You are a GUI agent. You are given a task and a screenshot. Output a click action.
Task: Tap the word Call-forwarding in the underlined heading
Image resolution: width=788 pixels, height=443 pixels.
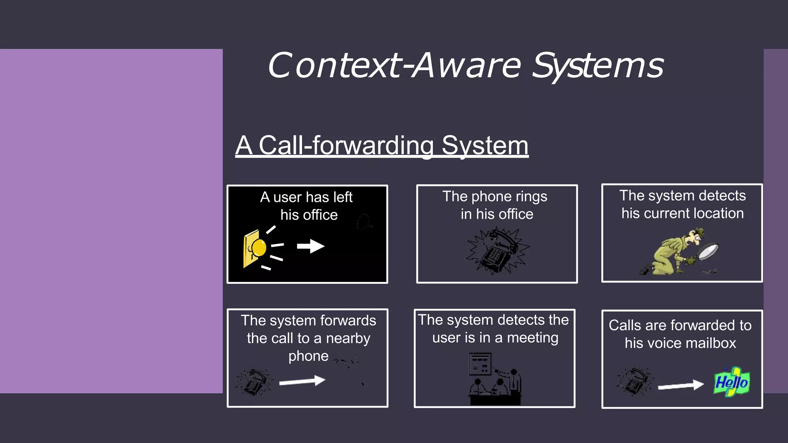(346, 146)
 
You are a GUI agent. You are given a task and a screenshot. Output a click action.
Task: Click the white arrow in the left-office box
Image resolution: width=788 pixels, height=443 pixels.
(311, 246)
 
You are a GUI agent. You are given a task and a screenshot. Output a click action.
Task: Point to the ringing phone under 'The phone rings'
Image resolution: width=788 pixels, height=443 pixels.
(497, 251)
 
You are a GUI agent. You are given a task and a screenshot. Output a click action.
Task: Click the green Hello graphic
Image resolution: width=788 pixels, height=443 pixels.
(731, 382)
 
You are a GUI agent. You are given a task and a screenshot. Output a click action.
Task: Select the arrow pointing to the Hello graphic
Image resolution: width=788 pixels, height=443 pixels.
(680, 385)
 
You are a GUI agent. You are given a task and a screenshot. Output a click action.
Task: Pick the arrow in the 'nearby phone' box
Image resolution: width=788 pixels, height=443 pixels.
(302, 381)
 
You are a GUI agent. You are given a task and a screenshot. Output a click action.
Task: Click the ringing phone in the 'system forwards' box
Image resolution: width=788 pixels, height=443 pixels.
(254, 381)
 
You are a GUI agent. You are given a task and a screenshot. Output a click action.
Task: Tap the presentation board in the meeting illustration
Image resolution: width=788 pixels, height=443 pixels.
(480, 364)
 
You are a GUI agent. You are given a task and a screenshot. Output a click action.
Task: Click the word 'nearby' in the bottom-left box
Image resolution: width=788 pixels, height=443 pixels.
(348, 338)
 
